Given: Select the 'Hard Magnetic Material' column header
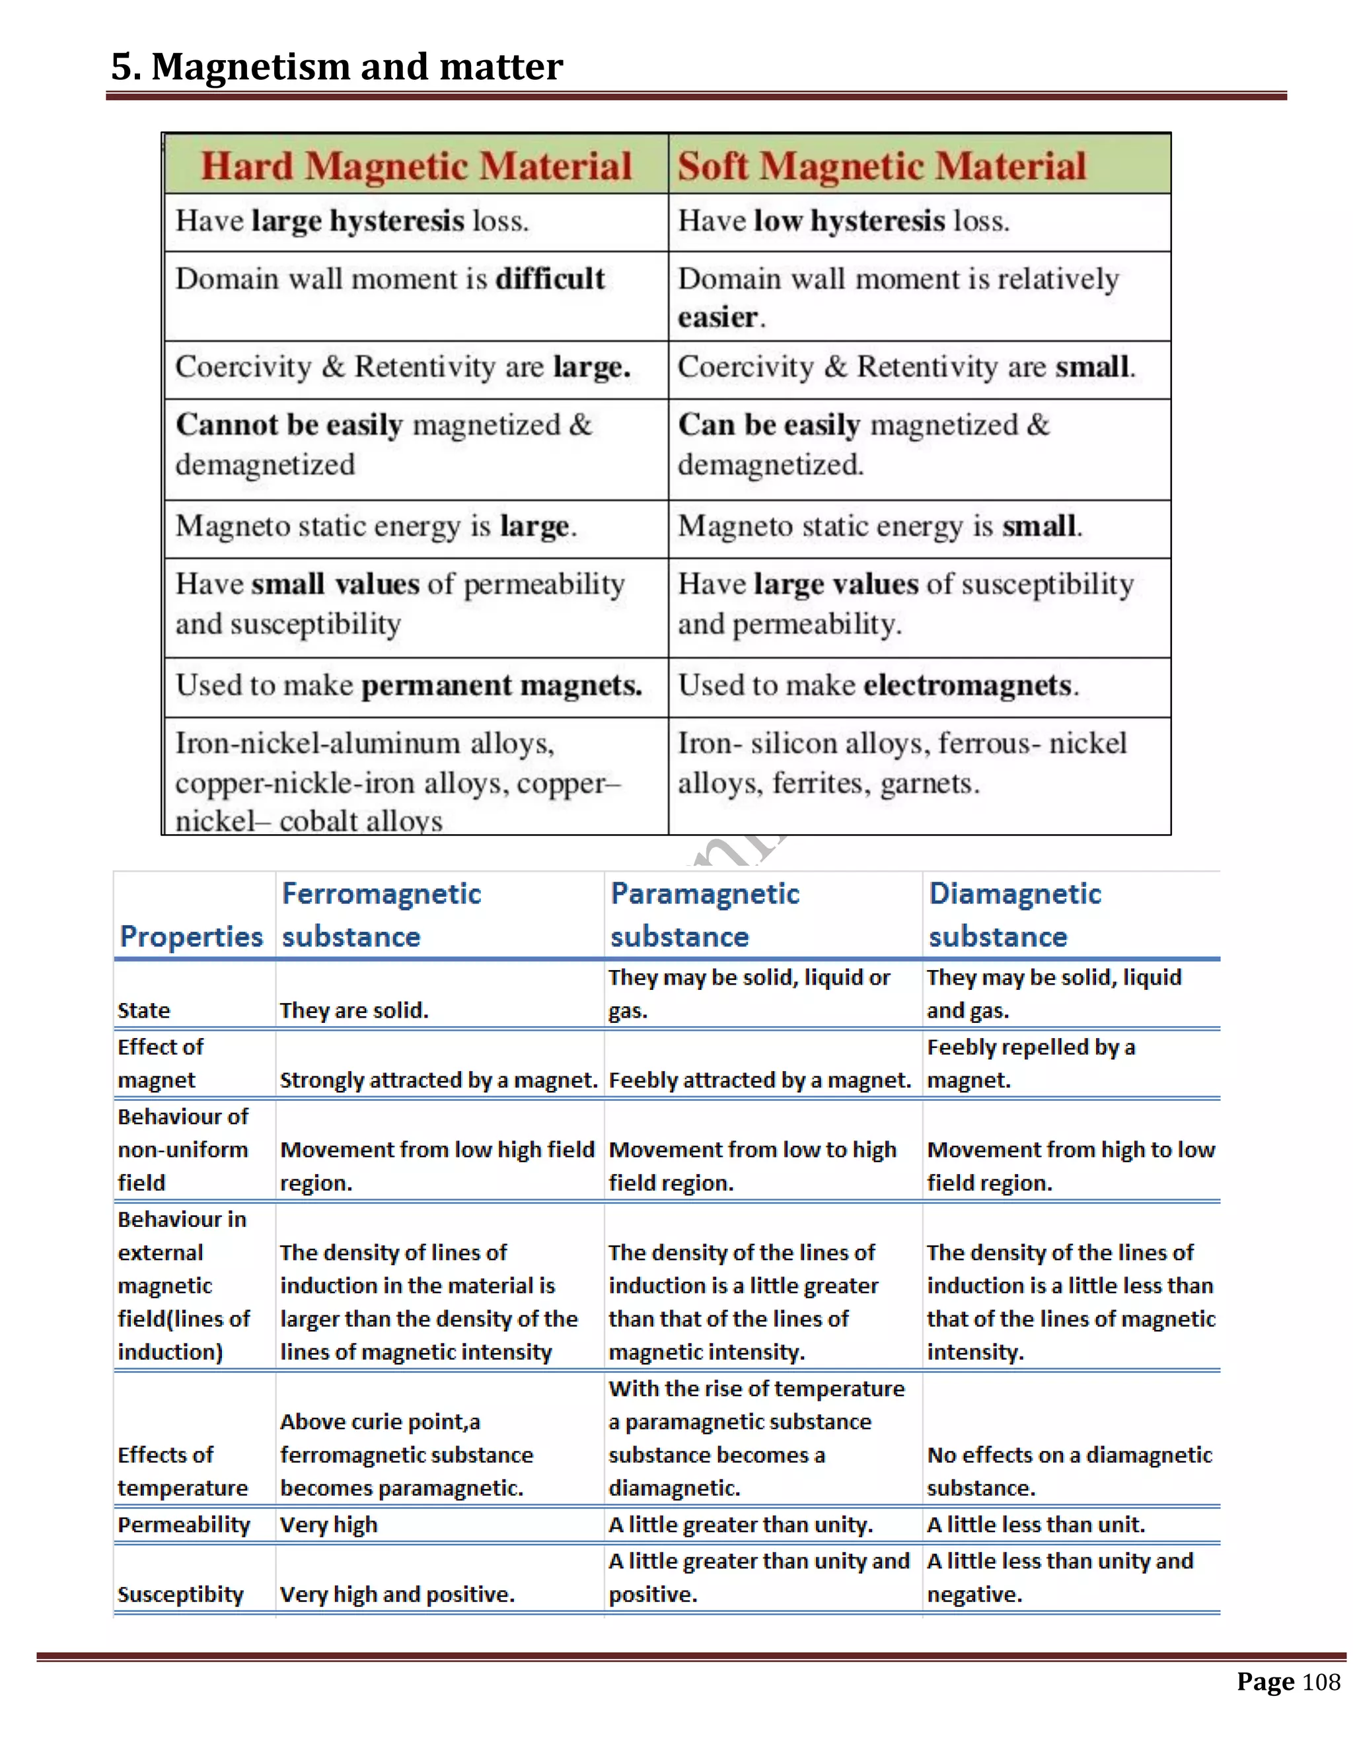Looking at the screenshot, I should click(x=416, y=166).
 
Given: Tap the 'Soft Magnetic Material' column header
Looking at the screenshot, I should click(x=882, y=166).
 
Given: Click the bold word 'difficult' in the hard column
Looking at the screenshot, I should click(x=550, y=279).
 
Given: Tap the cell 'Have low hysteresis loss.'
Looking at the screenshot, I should click(x=843, y=221).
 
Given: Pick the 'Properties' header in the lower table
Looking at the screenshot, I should click(x=191, y=936).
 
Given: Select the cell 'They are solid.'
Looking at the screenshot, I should click(x=353, y=1010).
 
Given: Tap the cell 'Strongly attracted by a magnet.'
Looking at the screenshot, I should click(x=439, y=1080).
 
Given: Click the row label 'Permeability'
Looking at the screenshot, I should click(x=184, y=1525).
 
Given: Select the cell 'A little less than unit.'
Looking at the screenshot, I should click(x=1036, y=1525).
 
